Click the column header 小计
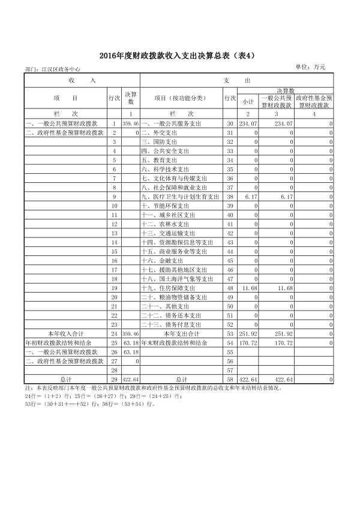(248, 101)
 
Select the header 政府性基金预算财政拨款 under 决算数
(314, 101)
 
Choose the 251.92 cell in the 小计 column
(248, 333)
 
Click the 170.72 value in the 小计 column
(248, 343)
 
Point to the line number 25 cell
(114, 343)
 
